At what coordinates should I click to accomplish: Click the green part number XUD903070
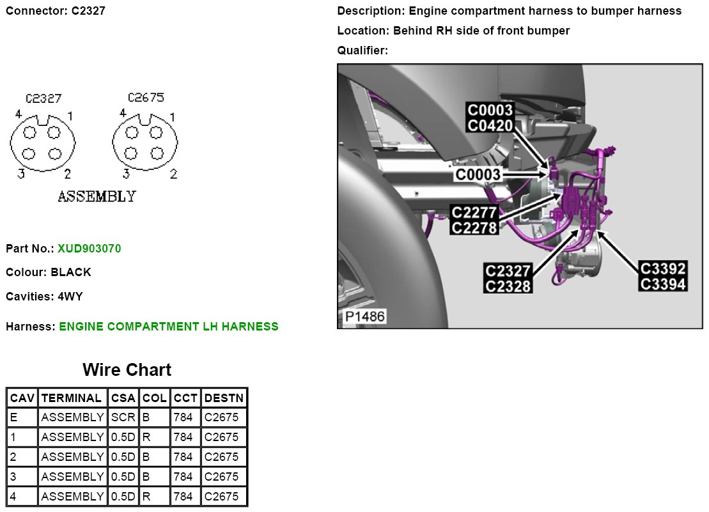pyautogui.click(x=89, y=248)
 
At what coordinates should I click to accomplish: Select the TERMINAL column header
pyautogui.click(x=71, y=398)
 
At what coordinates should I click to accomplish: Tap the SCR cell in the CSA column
pyautogui.click(x=123, y=418)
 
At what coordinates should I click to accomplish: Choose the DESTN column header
pyautogui.click(x=223, y=398)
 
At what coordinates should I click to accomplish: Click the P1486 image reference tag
pyautogui.click(x=362, y=317)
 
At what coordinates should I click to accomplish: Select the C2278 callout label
pyautogui.click(x=474, y=227)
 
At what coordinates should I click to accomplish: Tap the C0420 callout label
pyautogui.click(x=490, y=126)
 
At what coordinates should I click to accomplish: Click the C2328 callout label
pyautogui.click(x=508, y=286)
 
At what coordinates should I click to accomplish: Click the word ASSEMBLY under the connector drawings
pyautogui.click(x=97, y=196)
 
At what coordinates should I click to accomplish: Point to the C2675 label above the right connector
pyautogui.click(x=146, y=98)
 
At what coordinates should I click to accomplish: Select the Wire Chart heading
pyautogui.click(x=127, y=370)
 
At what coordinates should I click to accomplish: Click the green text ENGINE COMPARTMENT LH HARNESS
pyautogui.click(x=169, y=327)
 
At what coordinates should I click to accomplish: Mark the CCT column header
pyautogui.click(x=185, y=398)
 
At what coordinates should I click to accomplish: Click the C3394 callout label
pyautogui.click(x=663, y=284)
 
